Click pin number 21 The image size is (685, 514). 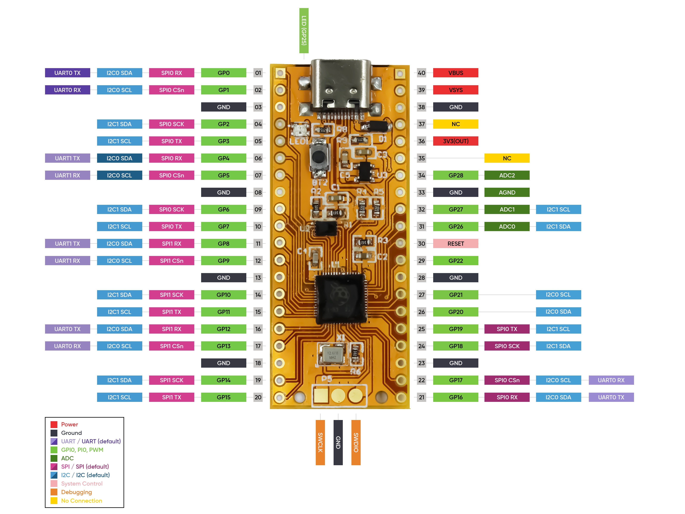tap(421, 397)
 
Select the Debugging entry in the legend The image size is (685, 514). tap(76, 492)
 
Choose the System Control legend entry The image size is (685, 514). tap(81, 484)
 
